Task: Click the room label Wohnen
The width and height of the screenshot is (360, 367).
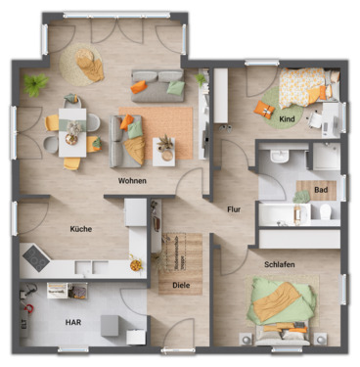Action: [133, 181]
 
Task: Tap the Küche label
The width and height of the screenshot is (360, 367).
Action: [81, 228]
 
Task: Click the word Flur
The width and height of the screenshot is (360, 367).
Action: [234, 208]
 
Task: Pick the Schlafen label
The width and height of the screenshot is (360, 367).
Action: [280, 264]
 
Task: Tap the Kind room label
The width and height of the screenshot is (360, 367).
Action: [287, 119]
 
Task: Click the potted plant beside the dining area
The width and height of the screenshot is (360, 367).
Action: [36, 81]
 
